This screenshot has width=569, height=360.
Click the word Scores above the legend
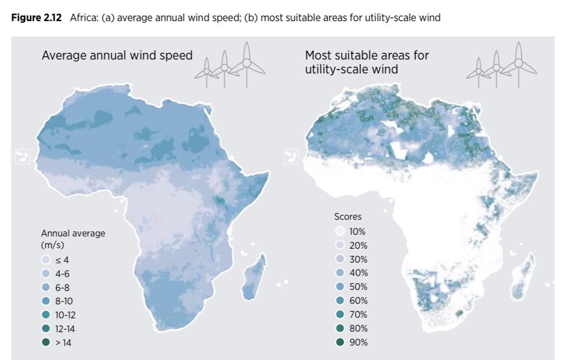(x=348, y=216)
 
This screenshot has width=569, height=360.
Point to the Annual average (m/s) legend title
(x=73, y=239)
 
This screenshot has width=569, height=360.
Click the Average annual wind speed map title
(x=117, y=56)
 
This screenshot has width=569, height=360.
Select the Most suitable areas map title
(x=367, y=62)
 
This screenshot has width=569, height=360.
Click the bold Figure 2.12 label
(x=38, y=18)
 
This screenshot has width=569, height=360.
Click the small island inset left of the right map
(x=289, y=157)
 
